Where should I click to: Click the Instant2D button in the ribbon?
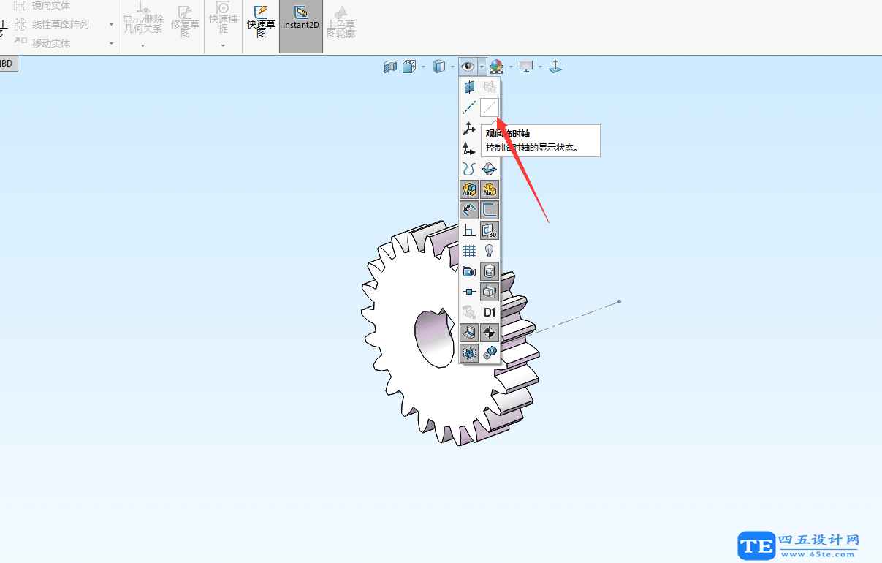click(x=300, y=18)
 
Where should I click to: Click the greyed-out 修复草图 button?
click(x=185, y=21)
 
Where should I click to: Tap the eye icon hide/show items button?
click(x=468, y=67)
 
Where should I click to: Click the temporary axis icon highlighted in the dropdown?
click(x=489, y=107)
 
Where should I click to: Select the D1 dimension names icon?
click(x=490, y=312)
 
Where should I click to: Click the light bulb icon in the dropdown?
click(x=490, y=251)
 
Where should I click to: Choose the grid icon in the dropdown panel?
click(x=469, y=251)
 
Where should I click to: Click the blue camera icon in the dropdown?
click(x=469, y=271)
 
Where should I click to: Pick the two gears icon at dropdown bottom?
click(x=490, y=353)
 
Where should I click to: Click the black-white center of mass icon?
click(x=490, y=333)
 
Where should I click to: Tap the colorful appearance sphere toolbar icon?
click(x=496, y=67)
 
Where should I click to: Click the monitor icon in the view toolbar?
click(x=526, y=67)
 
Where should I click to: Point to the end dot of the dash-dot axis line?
click(x=620, y=301)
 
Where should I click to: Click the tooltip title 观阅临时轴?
click(x=507, y=134)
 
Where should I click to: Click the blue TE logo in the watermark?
click(x=756, y=545)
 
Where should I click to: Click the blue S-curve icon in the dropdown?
click(x=469, y=169)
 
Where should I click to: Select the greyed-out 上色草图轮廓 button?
click(x=341, y=22)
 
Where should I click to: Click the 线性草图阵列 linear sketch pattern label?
click(x=60, y=24)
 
